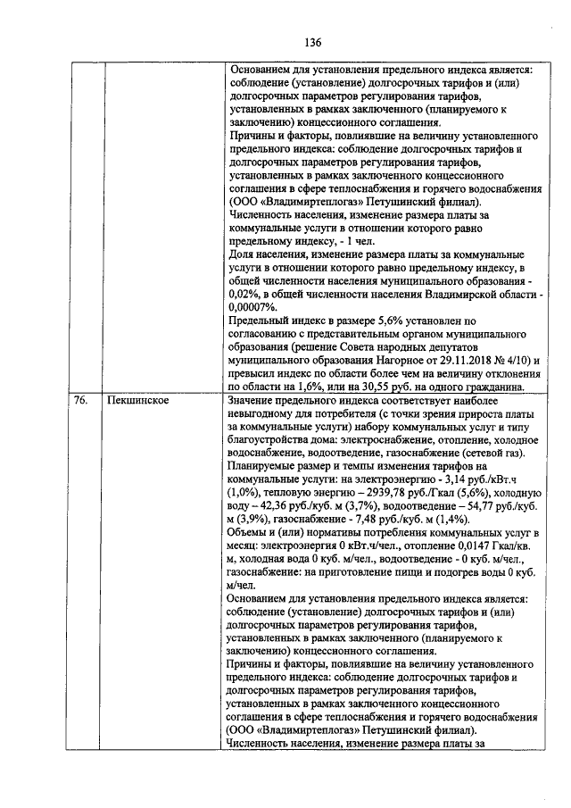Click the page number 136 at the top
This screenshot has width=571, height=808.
[x=312, y=42]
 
